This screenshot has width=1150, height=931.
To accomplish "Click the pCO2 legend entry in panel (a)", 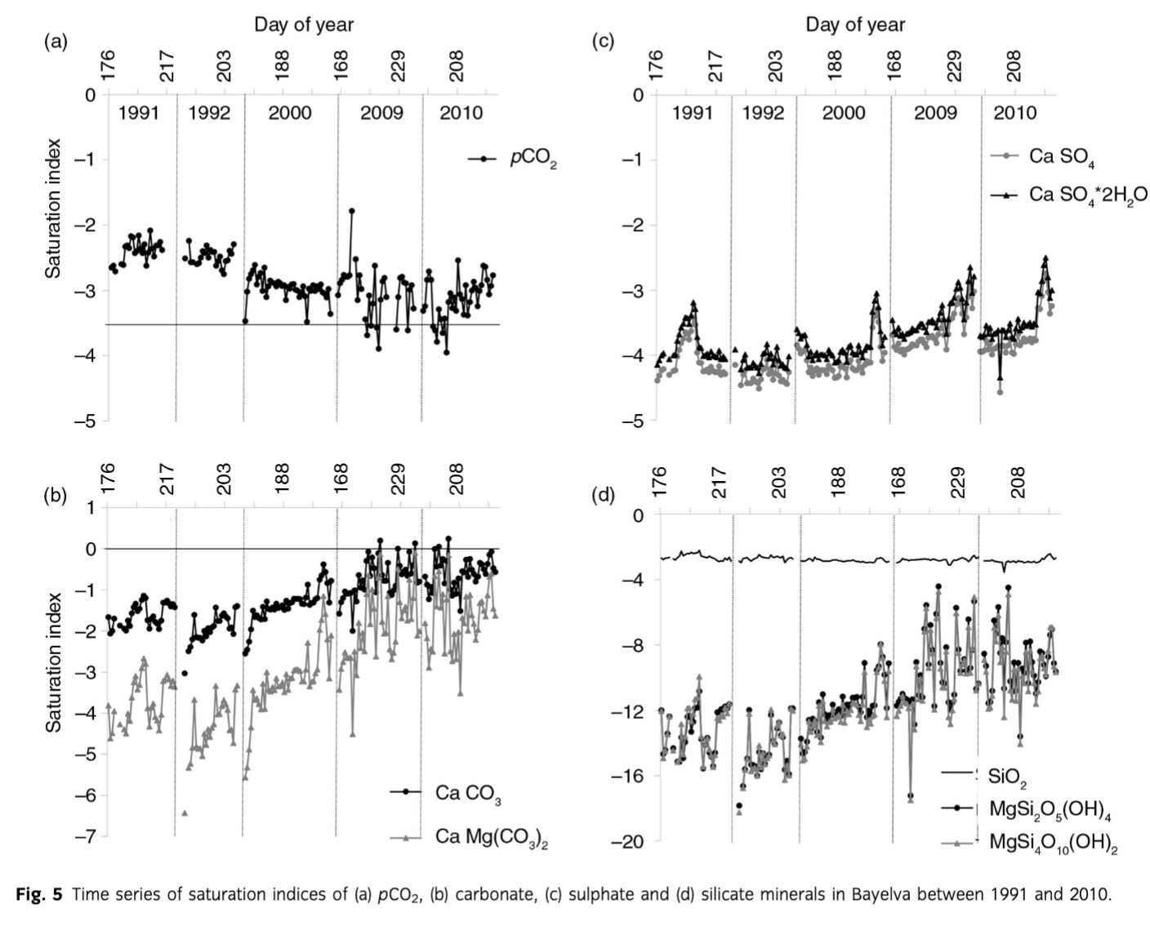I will click(533, 158).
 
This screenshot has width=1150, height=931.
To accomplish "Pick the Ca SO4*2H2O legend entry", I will click(1087, 194).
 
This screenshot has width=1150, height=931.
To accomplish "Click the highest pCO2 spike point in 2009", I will click(351, 211).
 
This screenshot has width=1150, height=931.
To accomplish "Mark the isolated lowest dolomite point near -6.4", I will click(185, 813).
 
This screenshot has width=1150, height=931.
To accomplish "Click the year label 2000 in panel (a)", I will click(290, 113).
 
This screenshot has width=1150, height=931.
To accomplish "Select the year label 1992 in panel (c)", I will click(763, 113).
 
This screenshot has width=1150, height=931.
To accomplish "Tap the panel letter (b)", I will click(56, 496).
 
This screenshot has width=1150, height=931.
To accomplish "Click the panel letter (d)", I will click(602, 496).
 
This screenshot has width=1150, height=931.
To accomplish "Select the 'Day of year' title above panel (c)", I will click(855, 24).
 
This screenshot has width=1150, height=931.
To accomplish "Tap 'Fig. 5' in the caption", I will click(38, 894).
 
